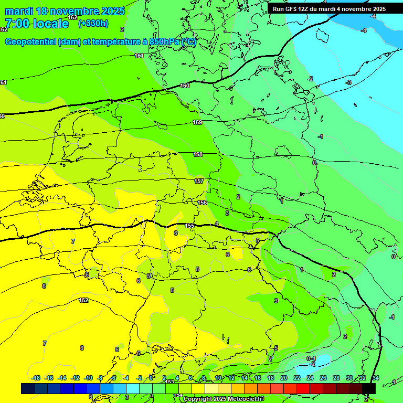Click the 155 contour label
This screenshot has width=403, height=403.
[x=189, y=226]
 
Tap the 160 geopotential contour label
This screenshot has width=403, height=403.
[x=185, y=86]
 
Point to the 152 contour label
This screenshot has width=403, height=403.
[x=83, y=300]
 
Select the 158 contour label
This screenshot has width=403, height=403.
[x=198, y=154]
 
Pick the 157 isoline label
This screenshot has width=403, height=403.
[x=199, y=181]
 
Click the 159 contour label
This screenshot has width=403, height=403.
[x=197, y=122]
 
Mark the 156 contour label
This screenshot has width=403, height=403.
[x=202, y=203]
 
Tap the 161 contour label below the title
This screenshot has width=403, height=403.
[x=139, y=56]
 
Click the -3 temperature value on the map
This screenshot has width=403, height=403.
[x=348, y=82]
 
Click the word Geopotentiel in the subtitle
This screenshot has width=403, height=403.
[x=30, y=42]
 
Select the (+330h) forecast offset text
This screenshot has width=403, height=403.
[x=93, y=24]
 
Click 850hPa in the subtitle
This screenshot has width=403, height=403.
[x=164, y=42]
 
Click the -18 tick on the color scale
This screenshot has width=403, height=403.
[x=36, y=378]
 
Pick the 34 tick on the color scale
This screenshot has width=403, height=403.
[x=376, y=378]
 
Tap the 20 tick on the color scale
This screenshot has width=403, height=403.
[x=284, y=378]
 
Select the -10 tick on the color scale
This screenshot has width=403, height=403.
[x=88, y=378]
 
